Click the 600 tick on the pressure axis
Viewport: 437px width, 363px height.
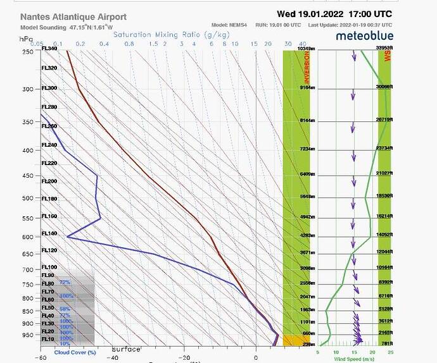pos(28,238)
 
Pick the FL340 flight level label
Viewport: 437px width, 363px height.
pos(49,49)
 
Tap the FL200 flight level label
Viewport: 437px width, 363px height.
pos(49,181)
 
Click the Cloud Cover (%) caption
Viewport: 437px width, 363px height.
pos(75,352)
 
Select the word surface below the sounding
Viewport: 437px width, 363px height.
pos(126,350)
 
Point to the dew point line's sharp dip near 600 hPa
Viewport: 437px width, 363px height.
pos(68,238)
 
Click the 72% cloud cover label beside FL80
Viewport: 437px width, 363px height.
pos(65,283)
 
